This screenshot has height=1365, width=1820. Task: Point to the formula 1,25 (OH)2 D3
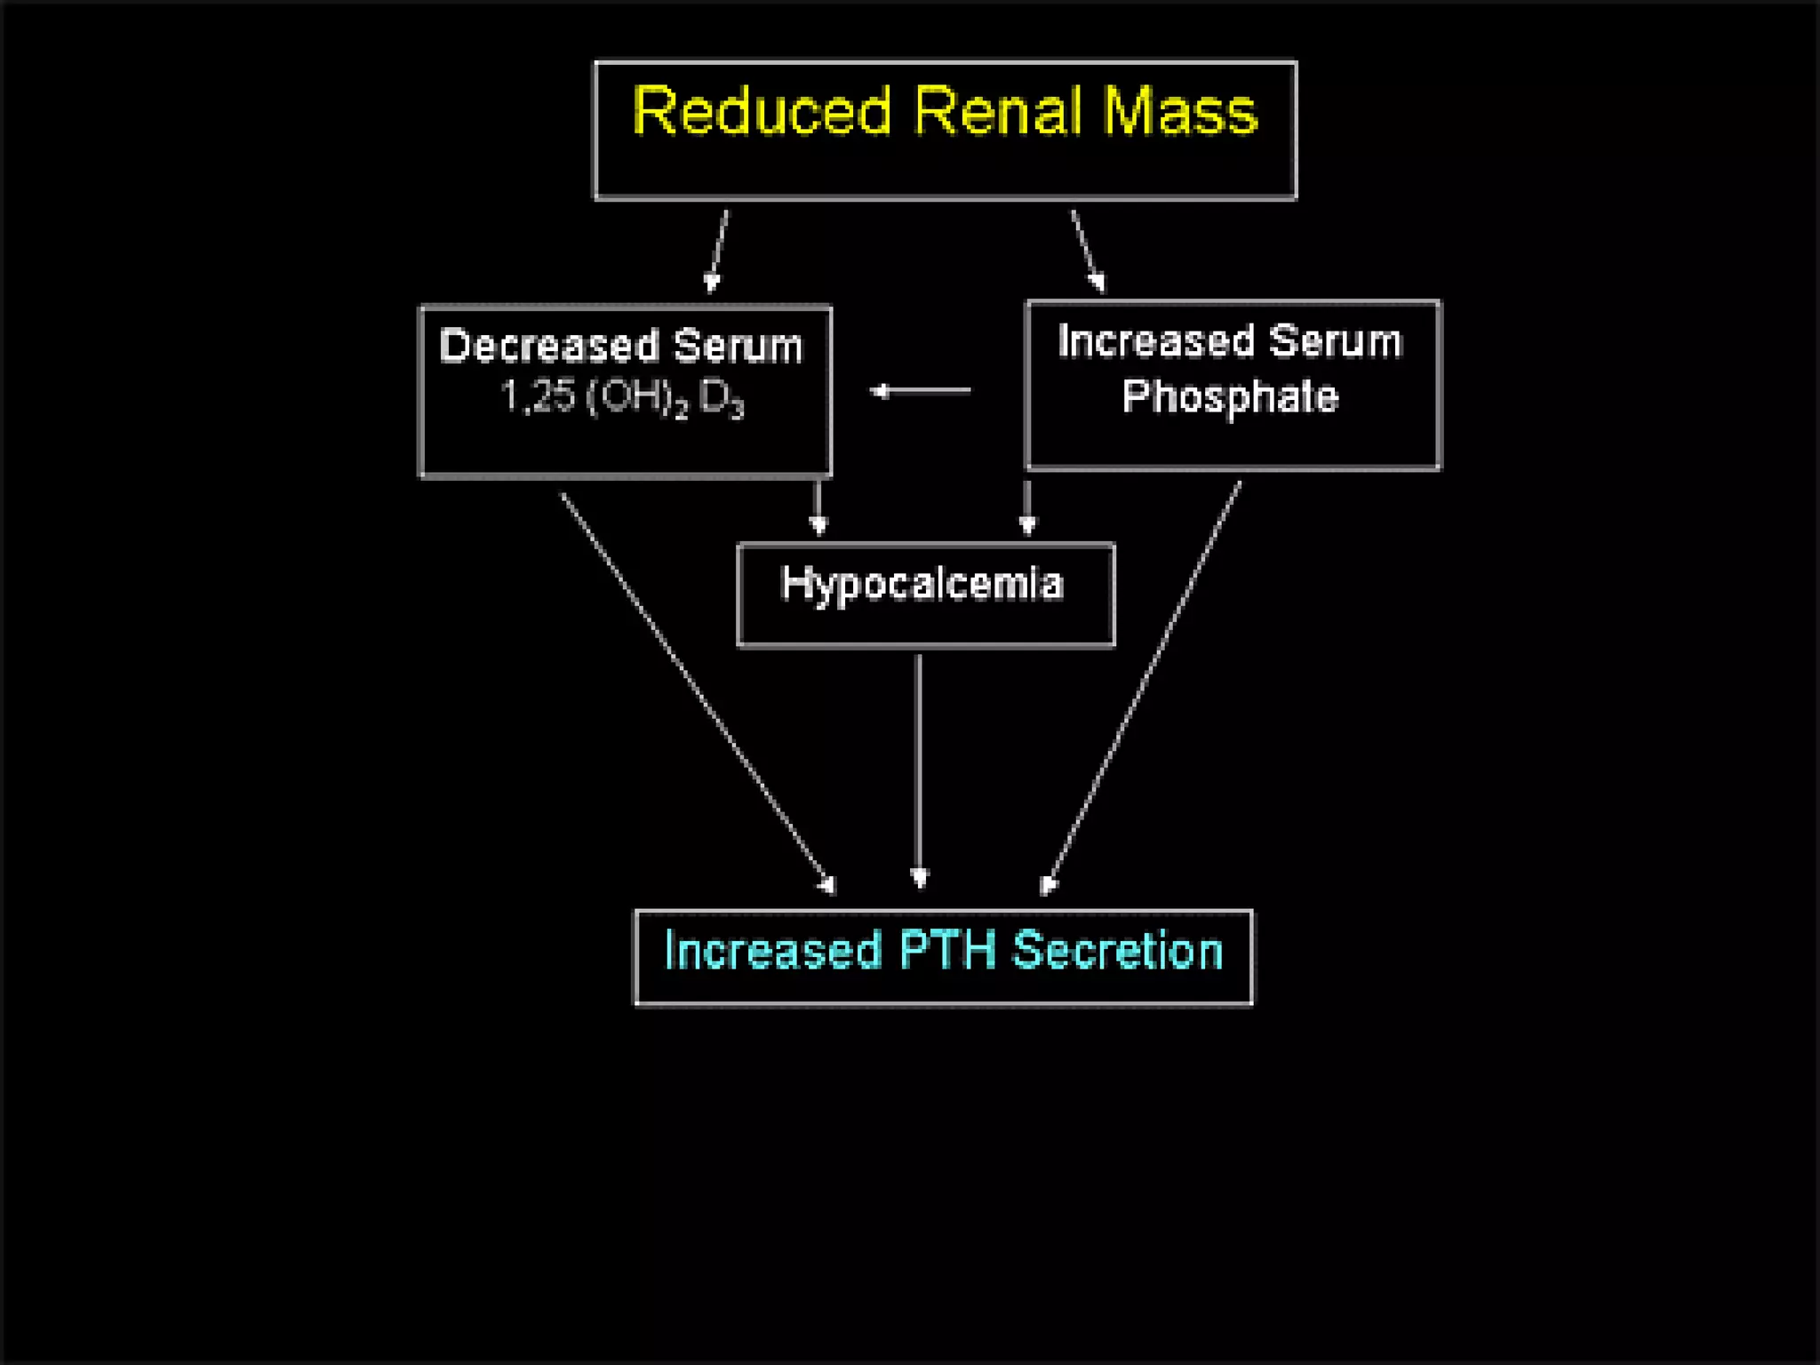(x=621, y=397)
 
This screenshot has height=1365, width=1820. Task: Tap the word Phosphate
(x=1230, y=396)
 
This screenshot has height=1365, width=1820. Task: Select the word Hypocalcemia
(x=922, y=585)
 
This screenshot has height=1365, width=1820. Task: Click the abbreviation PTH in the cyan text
(x=947, y=950)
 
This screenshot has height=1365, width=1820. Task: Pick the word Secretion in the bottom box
(x=1118, y=950)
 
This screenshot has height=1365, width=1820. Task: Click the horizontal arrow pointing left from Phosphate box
(x=921, y=390)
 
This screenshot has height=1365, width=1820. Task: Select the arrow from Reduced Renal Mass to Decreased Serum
(x=718, y=251)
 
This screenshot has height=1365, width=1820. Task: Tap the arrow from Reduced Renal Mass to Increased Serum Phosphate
(x=1088, y=251)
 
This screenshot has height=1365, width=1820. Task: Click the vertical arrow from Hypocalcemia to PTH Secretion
(x=919, y=769)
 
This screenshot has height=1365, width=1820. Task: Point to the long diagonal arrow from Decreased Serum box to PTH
(x=697, y=691)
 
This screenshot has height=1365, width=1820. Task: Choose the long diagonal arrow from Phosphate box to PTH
(x=1144, y=684)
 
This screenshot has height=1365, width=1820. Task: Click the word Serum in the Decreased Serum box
(x=737, y=346)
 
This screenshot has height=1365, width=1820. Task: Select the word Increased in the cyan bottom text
(x=772, y=950)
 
